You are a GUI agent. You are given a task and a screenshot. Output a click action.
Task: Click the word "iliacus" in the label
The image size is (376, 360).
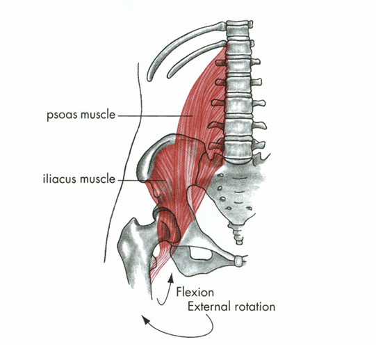(60, 179)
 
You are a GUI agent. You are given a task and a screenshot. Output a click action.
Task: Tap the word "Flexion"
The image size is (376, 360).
(195, 292)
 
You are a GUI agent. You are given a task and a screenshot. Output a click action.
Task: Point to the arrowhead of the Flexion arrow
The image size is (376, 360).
(171, 277)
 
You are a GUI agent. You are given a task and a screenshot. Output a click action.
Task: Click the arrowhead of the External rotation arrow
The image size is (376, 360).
(145, 319)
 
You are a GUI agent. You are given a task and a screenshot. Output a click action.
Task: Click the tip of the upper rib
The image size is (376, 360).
(149, 78)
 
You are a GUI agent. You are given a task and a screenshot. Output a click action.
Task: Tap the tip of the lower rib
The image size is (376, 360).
(170, 76)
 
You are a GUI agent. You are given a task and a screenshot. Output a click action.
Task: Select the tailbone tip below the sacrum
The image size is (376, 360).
(239, 242)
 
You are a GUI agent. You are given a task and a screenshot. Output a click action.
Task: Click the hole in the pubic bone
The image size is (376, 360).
(201, 254)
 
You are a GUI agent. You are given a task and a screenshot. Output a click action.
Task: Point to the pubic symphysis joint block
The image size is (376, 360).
(238, 261)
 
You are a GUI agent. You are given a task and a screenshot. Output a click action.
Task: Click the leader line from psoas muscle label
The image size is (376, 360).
(155, 116)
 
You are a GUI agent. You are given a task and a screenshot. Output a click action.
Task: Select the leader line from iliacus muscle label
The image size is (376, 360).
(140, 180)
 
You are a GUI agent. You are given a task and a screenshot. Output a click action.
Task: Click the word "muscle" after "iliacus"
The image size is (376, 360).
(98, 179)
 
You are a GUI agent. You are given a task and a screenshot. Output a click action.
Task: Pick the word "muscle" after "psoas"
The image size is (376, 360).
(98, 115)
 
